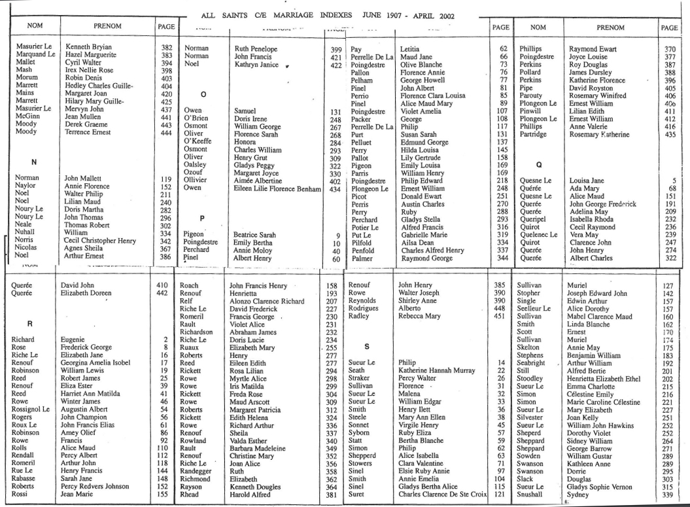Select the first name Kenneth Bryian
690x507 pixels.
(x=88, y=48)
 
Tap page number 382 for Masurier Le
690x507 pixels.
(x=166, y=48)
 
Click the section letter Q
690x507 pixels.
(x=540, y=165)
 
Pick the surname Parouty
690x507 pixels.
(x=530, y=95)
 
